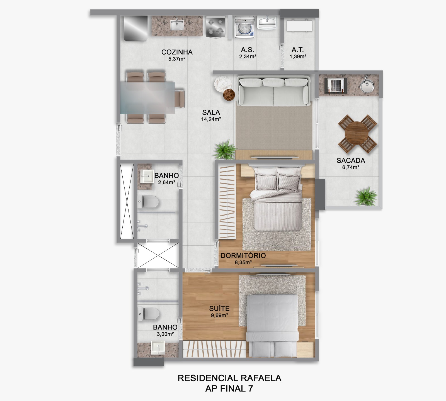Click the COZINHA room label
[177, 52]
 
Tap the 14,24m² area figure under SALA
[211, 119]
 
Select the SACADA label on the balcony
[351, 160]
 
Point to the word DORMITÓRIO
[243, 255]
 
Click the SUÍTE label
[219, 308]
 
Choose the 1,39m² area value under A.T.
[298, 56]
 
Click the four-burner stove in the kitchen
[216, 27]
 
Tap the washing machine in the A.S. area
[244, 27]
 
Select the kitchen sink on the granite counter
[177, 25]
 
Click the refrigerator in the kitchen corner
[135, 28]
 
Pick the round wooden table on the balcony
[357, 134]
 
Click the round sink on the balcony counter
[367, 85]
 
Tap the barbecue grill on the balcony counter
[336, 85]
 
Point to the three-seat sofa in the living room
[273, 91]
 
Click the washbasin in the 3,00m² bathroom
[158, 348]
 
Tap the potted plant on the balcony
[366, 196]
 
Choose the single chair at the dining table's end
[180, 99]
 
